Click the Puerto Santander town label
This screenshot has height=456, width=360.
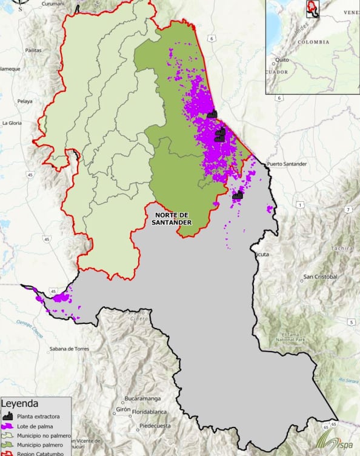coord(287,164)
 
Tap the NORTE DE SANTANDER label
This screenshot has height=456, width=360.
coord(173,218)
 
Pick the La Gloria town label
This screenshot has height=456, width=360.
coord(12,122)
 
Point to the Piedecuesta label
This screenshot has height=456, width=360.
coord(157,426)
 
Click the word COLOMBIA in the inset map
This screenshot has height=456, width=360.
coord(313,42)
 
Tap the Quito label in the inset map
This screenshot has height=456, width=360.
coord(281,60)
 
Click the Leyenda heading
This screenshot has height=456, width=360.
coord(20,403)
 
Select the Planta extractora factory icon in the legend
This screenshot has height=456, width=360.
coord(8,417)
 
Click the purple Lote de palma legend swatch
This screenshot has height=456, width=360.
coord(8,426)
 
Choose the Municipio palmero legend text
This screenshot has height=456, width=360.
coord(44,445)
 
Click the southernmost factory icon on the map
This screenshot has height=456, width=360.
coord(237,195)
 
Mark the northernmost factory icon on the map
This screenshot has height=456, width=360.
coord(212,113)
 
